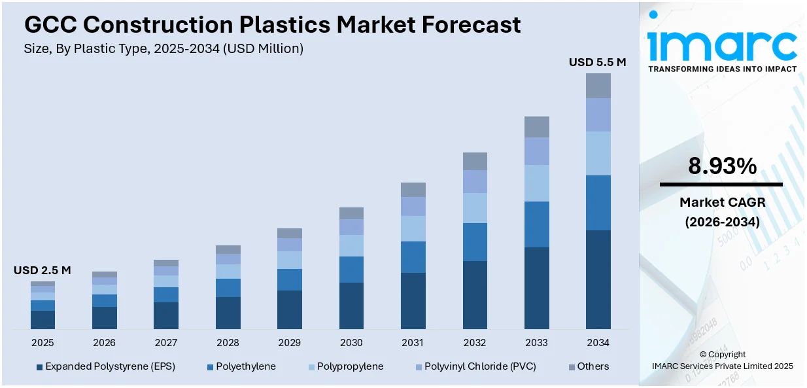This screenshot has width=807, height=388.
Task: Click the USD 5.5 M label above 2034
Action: [x=597, y=63]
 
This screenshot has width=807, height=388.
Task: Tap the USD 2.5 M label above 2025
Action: [x=43, y=270]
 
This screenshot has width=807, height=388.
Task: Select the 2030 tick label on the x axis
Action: [x=351, y=343]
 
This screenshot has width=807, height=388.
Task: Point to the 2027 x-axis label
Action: [x=166, y=343]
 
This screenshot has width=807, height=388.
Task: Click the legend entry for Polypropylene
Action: [x=350, y=366]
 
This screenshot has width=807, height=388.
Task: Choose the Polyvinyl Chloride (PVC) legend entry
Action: [x=480, y=366]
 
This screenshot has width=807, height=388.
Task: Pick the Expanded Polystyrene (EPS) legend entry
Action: [x=110, y=366]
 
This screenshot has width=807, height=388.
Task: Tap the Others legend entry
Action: [x=592, y=366]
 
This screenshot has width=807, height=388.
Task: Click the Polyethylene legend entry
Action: [x=246, y=366]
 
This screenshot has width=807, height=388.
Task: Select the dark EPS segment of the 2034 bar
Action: [x=598, y=279]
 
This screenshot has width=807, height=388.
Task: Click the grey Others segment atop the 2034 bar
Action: [x=598, y=86]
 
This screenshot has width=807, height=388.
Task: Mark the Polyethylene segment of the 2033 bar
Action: [x=536, y=224]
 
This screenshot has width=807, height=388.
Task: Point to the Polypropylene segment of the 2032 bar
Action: [x=475, y=208]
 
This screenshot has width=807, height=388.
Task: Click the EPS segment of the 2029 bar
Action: [x=290, y=309]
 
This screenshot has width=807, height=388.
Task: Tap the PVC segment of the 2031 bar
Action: [x=413, y=207]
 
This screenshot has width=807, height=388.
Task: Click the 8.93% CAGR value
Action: [x=722, y=167]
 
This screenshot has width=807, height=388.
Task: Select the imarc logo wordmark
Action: [x=722, y=43]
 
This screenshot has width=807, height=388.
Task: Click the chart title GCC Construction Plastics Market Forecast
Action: [x=272, y=25]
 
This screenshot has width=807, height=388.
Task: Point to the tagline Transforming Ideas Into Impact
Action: [x=722, y=69]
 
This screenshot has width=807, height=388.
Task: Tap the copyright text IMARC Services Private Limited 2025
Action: [x=722, y=366]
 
